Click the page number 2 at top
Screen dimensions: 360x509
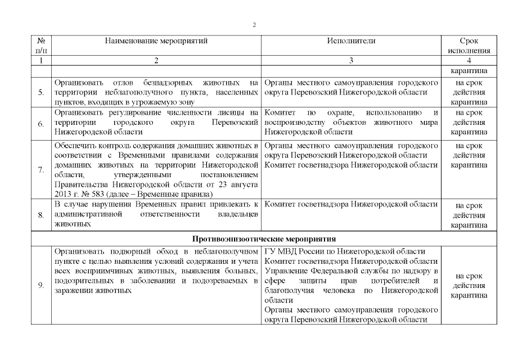point(254,25)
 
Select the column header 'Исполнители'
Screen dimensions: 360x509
point(351,41)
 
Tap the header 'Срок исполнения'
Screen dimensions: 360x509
point(469,46)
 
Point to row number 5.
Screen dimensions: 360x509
point(41,92)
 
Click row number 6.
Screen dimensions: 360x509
point(41,123)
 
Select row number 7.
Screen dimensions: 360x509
point(41,169)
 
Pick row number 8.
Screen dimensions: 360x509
point(41,214)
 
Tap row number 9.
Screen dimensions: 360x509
point(41,285)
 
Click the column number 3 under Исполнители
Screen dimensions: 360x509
point(351,60)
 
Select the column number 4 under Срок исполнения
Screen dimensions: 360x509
point(469,60)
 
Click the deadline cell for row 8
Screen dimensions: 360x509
point(469,214)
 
